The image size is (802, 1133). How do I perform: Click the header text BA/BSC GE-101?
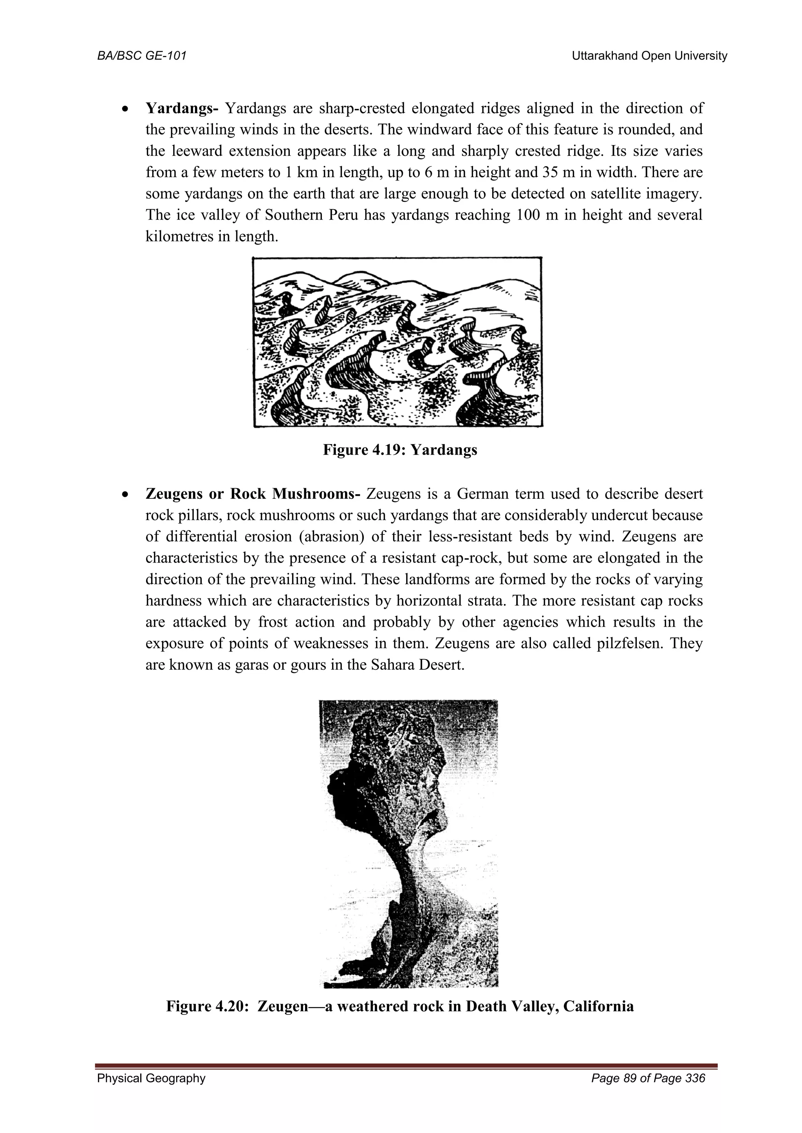(x=142, y=56)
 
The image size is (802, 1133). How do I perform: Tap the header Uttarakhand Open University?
(x=649, y=56)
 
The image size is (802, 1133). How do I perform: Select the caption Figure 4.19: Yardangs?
(x=400, y=450)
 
